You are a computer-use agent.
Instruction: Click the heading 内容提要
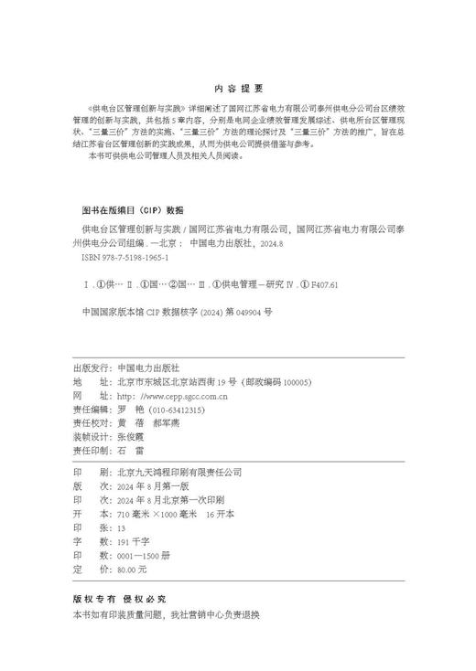point(238,88)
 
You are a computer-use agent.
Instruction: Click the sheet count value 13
point(122,527)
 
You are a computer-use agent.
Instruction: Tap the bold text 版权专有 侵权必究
point(118,601)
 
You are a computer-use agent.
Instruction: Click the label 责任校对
point(91,425)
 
